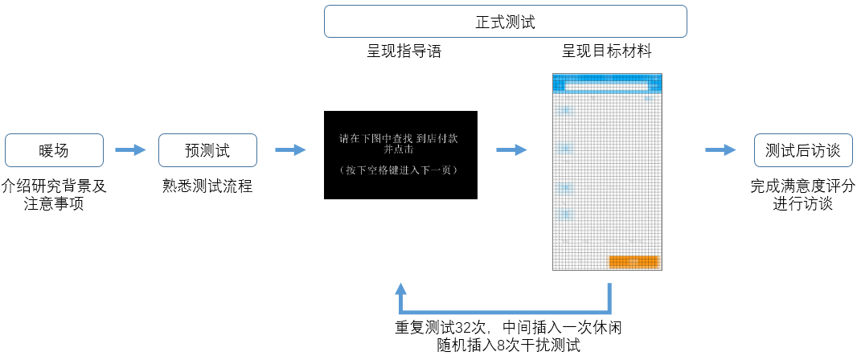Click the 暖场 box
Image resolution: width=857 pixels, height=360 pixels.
click(x=55, y=150)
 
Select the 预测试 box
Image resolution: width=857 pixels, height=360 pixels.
click(x=207, y=150)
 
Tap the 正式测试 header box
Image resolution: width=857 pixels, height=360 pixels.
click(x=505, y=22)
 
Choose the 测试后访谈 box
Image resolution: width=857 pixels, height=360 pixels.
click(x=802, y=150)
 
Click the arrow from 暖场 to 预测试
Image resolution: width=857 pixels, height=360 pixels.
click(x=130, y=149)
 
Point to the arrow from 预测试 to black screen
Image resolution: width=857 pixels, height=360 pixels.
click(x=289, y=149)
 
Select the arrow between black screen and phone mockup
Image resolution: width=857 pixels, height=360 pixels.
click(x=511, y=149)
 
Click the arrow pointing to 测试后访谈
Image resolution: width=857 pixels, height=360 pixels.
click(x=720, y=149)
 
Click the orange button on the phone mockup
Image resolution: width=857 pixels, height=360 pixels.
click(x=634, y=261)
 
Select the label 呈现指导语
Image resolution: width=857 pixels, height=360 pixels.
click(x=404, y=52)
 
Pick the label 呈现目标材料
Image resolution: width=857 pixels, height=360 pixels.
click(x=607, y=52)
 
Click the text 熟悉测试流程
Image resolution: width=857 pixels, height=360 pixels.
click(x=207, y=186)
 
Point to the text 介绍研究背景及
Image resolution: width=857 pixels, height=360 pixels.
click(x=55, y=186)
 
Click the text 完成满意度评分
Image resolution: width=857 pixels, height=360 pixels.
click(x=802, y=186)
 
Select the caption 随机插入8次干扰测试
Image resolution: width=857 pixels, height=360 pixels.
click(x=508, y=346)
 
